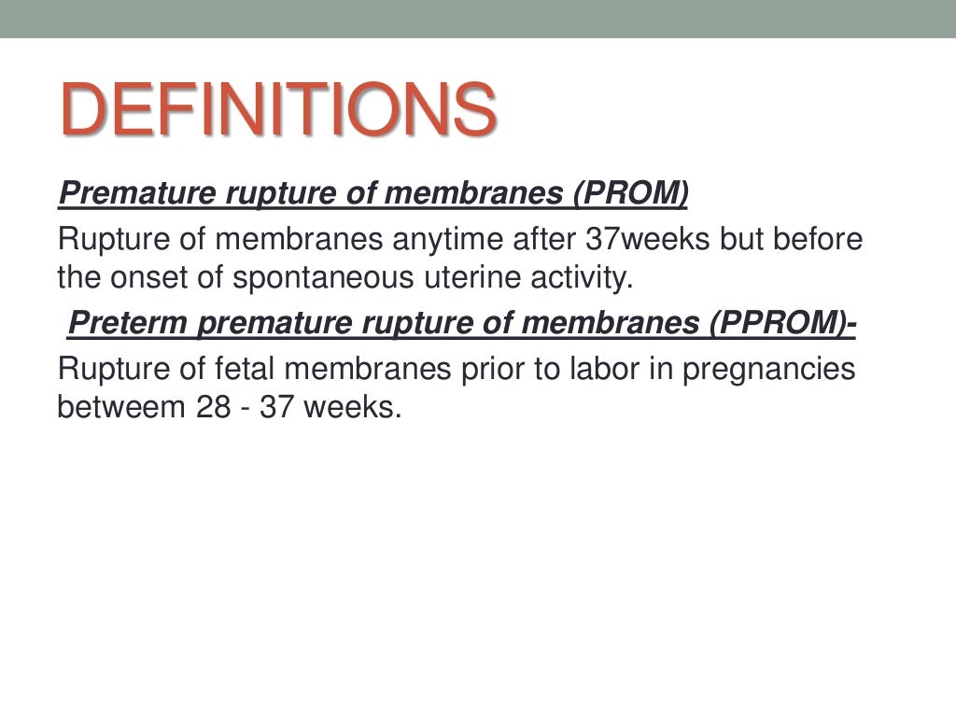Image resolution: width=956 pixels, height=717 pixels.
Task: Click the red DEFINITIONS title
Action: (x=277, y=108)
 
